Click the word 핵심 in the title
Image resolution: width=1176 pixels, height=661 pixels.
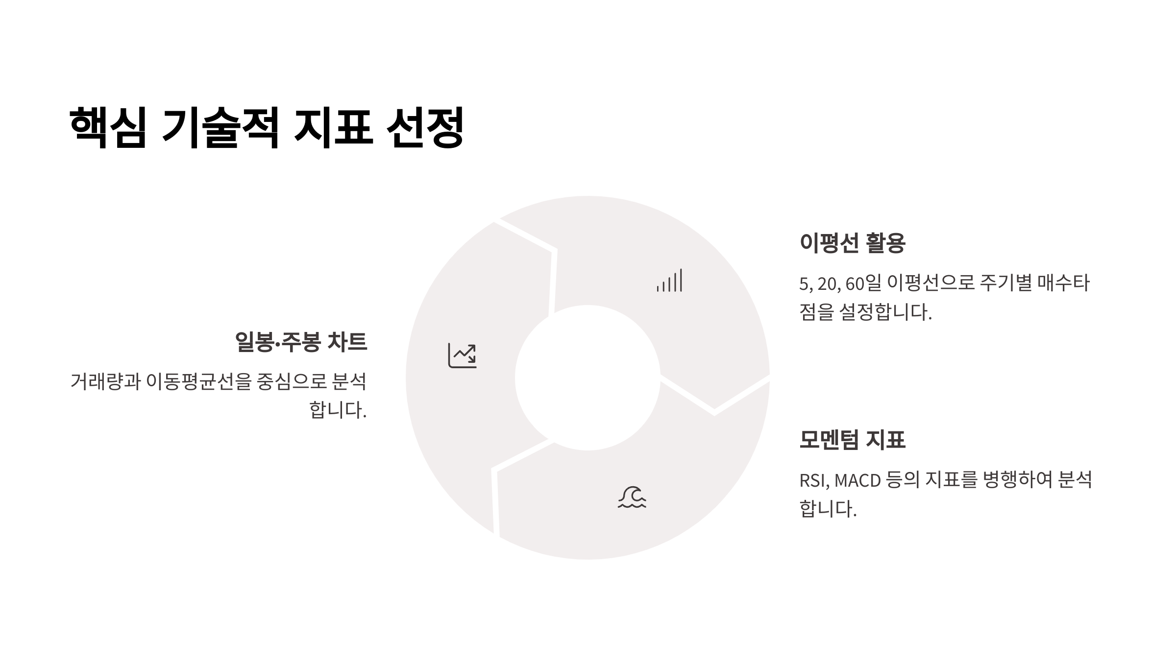click(x=108, y=127)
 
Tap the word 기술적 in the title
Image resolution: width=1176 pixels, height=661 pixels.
click(x=220, y=127)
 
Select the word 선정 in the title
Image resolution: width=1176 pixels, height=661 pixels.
click(x=425, y=127)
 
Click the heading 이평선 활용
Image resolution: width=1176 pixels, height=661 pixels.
click(x=852, y=243)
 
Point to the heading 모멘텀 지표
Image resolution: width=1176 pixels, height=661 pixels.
click(x=852, y=439)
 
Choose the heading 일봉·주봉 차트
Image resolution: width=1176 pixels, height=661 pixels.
click(x=301, y=342)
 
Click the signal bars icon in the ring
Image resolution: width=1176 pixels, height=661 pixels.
click(x=669, y=281)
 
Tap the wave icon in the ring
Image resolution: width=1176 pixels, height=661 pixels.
click(x=632, y=497)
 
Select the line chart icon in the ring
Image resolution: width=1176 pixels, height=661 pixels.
click(x=462, y=355)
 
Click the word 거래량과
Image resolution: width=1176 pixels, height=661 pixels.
click(x=105, y=381)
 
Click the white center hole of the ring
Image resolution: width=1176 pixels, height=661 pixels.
click(x=588, y=378)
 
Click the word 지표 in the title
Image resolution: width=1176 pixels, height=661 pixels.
click(x=333, y=127)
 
